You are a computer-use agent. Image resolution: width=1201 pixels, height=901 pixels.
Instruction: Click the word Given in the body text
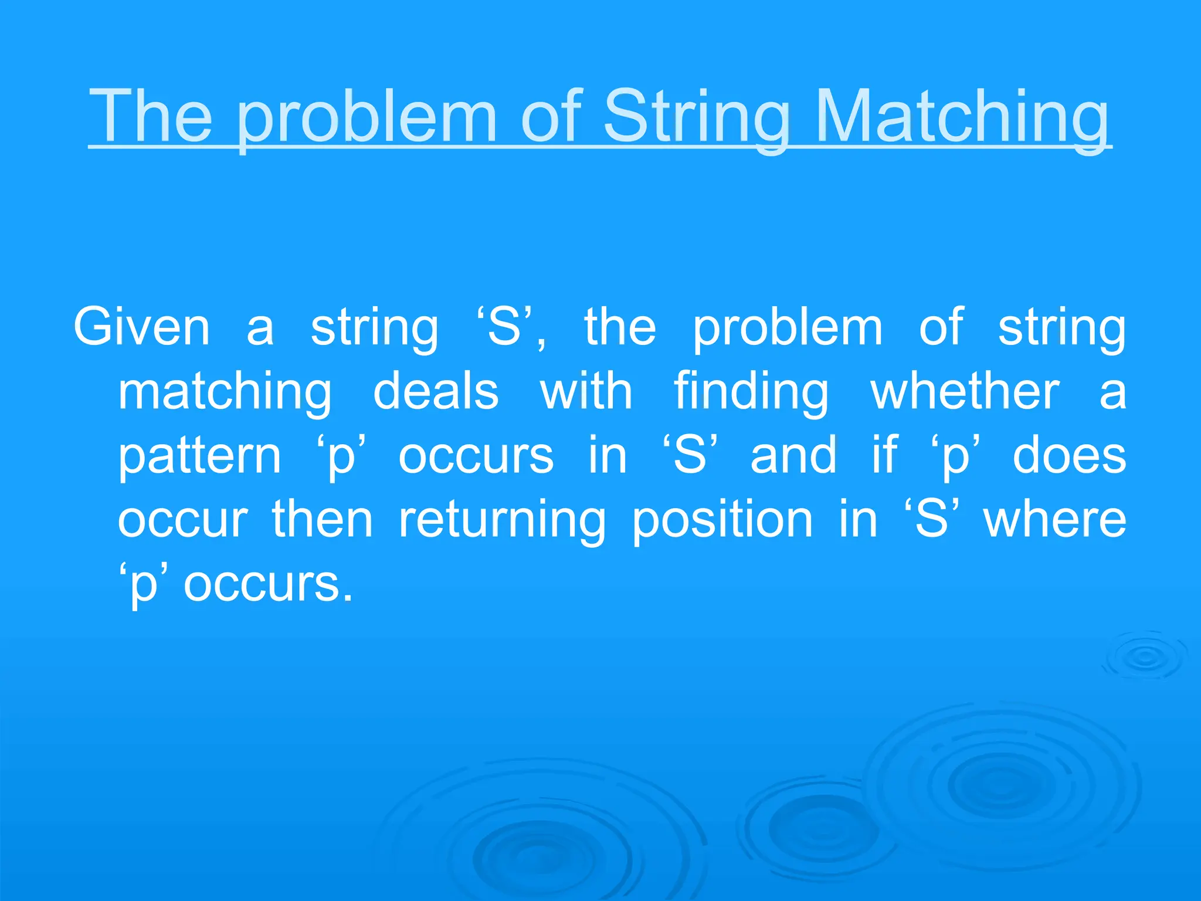[x=141, y=327]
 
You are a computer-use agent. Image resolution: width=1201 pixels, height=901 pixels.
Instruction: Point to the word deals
[x=436, y=391]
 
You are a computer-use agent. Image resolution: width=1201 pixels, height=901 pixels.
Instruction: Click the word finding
[x=751, y=391]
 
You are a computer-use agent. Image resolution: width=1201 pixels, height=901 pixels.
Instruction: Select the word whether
[x=965, y=391]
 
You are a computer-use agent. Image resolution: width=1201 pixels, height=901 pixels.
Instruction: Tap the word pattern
[x=200, y=456]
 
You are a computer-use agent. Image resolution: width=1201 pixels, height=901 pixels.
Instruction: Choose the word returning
[x=502, y=520]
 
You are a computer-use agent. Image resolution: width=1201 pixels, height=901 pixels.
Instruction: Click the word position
[x=722, y=520]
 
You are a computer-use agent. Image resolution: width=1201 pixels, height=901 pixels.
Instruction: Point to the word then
[x=322, y=520]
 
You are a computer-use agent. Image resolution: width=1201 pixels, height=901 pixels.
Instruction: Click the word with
[x=586, y=391]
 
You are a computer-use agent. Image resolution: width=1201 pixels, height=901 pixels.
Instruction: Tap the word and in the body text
[x=793, y=456]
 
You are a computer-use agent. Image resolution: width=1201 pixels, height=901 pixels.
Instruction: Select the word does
[x=1070, y=456]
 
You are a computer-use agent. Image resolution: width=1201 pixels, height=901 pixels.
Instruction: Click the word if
[x=884, y=456]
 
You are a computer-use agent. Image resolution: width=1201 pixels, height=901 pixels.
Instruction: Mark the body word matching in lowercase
[x=225, y=391]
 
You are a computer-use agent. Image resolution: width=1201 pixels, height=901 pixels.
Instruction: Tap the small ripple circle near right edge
[x=1145, y=658]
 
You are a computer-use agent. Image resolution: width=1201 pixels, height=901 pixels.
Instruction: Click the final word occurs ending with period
[x=269, y=584]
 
